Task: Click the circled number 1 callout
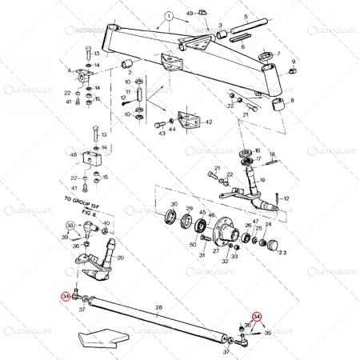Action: (x=169, y=15)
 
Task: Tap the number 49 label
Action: (x=190, y=14)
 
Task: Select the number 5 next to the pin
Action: (x=258, y=36)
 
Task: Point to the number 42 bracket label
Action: (x=209, y=122)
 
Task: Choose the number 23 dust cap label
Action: (x=281, y=251)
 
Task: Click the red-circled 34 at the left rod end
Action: (x=65, y=296)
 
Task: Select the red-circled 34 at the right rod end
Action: (x=257, y=317)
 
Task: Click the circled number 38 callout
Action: (x=70, y=226)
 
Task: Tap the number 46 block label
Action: (x=74, y=155)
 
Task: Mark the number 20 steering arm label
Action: (x=120, y=258)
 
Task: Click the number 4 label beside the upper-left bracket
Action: (x=70, y=70)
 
